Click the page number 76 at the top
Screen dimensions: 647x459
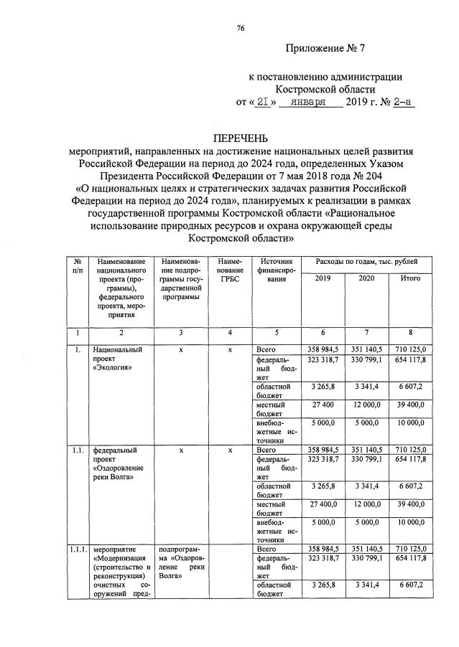(x=241, y=28)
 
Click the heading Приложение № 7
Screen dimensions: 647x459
(x=325, y=49)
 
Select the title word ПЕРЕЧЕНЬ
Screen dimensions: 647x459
(x=239, y=138)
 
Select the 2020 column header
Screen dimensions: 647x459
(x=366, y=278)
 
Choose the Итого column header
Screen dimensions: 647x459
(x=410, y=278)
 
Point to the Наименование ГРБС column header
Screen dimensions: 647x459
(x=229, y=271)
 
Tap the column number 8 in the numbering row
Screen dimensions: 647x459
(x=410, y=332)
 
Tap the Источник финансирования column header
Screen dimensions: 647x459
(x=274, y=271)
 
